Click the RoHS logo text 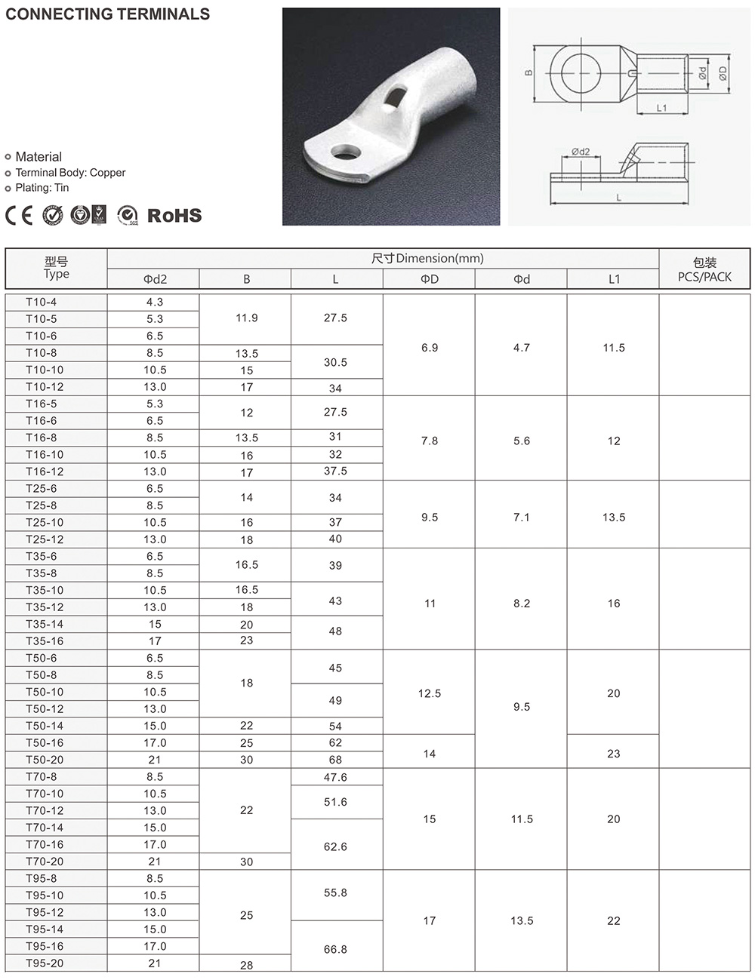[x=174, y=216]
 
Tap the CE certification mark [x=19, y=216]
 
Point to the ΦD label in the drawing [x=723, y=73]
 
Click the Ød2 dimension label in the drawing [x=581, y=152]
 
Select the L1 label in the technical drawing [x=661, y=108]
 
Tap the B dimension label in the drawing [x=528, y=73]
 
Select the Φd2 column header [x=155, y=279]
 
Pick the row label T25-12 [x=45, y=539]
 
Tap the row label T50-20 [x=45, y=760]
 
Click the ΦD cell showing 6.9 [x=430, y=348]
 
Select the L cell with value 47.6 [x=335, y=777]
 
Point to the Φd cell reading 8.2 [x=522, y=604]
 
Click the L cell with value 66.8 [x=335, y=949]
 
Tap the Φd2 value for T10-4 [x=155, y=302]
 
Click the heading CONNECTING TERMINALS [x=108, y=14]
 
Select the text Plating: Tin [x=42, y=188]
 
